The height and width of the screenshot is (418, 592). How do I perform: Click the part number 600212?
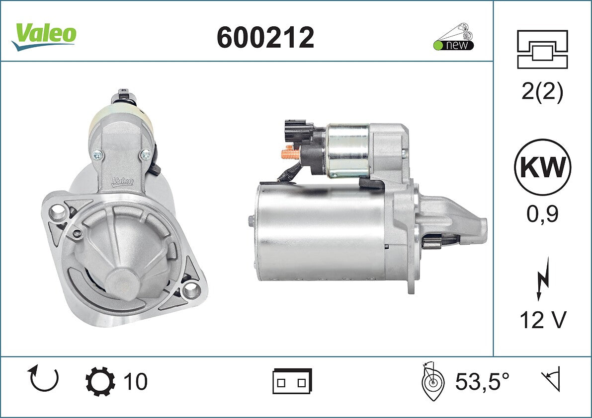(x=265, y=37)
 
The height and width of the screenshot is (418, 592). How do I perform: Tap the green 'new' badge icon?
(x=453, y=37)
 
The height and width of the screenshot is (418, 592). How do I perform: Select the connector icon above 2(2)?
(x=542, y=49)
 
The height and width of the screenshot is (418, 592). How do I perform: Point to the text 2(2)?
(x=542, y=91)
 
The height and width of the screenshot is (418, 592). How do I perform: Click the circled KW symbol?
(x=542, y=167)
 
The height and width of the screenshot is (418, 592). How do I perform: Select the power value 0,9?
(x=542, y=214)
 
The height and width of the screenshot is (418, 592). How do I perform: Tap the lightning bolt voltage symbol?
(x=542, y=279)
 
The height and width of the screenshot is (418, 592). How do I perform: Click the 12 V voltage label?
(x=543, y=320)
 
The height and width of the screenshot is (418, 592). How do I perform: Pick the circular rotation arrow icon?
(x=44, y=378)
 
